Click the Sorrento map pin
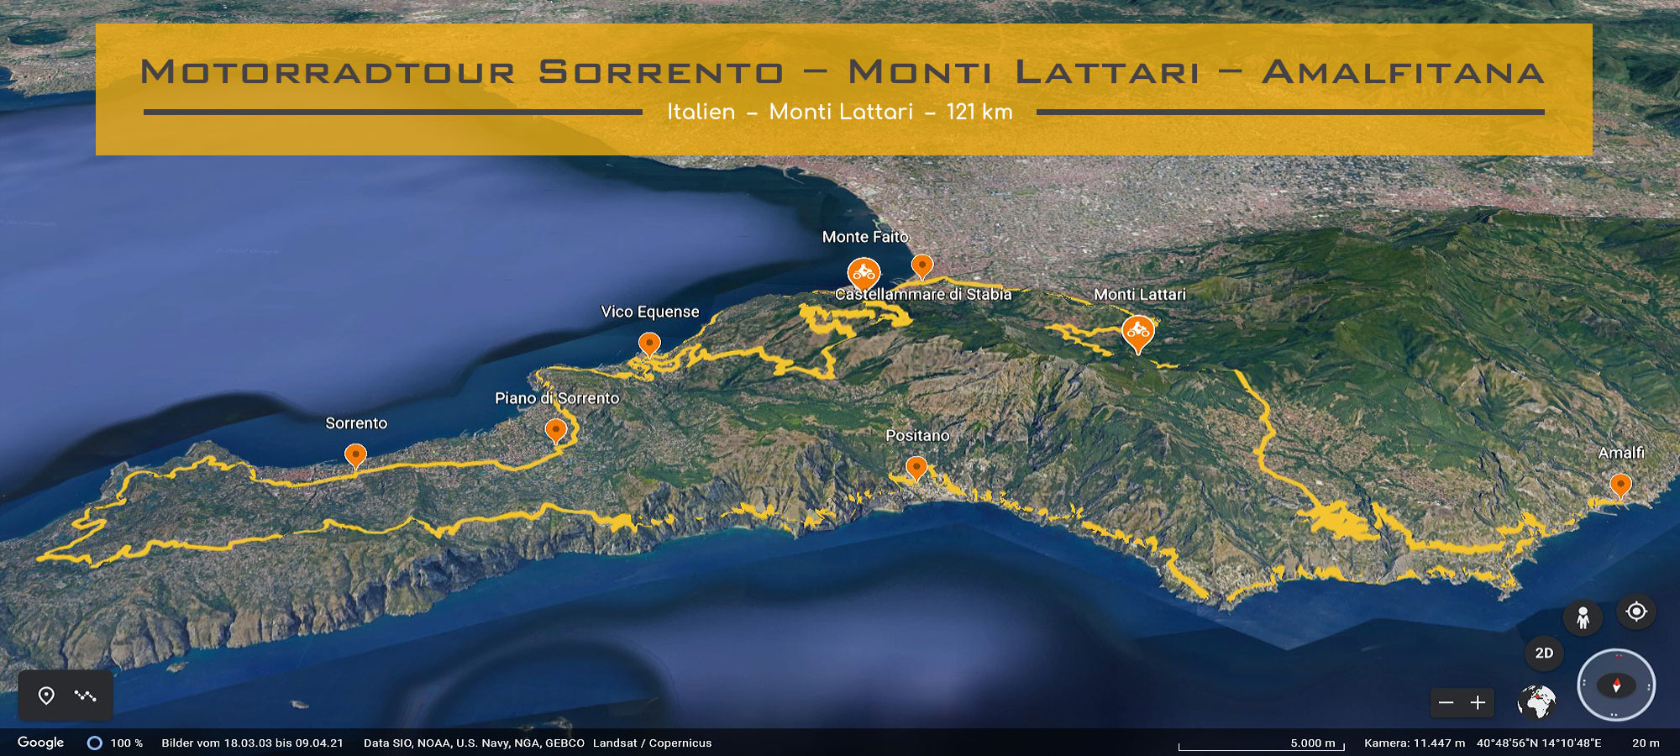[355, 455]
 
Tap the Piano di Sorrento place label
[556, 398]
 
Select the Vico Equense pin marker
[649, 344]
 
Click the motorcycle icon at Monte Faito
[864, 273]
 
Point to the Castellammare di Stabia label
[922, 294]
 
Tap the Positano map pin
[916, 467]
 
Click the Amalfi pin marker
[1620, 485]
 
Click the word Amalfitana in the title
[1403, 72]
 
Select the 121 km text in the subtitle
[979, 112]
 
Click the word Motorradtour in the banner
[328, 72]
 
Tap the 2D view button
[1544, 653]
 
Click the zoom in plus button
[1478, 702]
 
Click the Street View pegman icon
[1583, 617]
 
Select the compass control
[1615, 685]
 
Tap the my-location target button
[1636, 612]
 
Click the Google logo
[40, 743]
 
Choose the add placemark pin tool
[46, 696]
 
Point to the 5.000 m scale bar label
[1312, 743]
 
